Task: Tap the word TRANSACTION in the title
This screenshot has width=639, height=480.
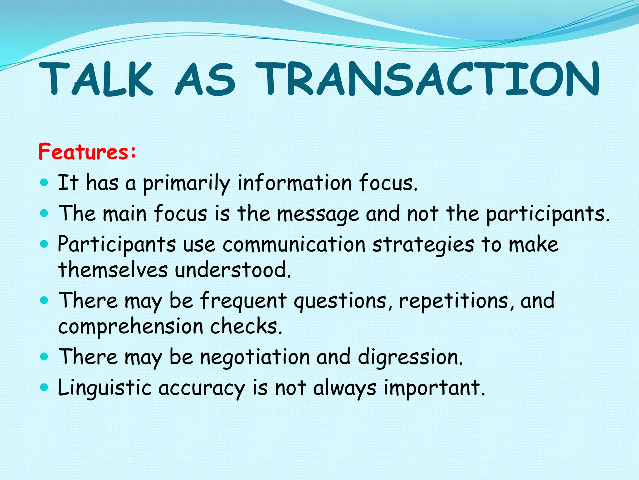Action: pos(427,79)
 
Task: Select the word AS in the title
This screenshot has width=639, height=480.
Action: pos(205,79)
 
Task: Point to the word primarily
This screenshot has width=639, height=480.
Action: pos(186,184)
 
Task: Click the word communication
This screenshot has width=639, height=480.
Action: pos(294,245)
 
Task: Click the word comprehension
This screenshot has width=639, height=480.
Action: pos(131,327)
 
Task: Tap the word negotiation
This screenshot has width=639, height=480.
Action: pos(255,357)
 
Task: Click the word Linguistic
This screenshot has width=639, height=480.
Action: pos(105,388)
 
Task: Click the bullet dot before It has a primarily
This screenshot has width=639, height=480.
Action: pos(45,182)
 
